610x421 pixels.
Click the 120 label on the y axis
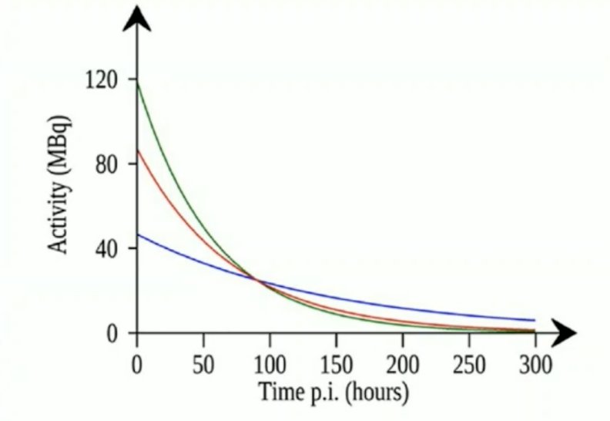[101, 81]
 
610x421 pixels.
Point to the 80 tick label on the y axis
[106, 165]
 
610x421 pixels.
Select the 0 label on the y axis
[112, 334]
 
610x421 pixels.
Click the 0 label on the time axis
[136, 365]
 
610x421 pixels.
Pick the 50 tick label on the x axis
[203, 365]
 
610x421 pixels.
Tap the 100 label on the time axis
[270, 365]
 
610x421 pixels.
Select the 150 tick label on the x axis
[337, 365]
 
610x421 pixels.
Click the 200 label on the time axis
[403, 365]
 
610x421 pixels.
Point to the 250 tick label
[469, 365]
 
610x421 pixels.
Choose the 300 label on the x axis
[536, 365]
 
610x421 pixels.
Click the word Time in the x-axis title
[278, 392]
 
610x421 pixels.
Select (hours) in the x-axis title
[377, 392]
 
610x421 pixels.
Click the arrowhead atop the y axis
[136, 19]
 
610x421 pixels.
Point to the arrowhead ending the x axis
[563, 332]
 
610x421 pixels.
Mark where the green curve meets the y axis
[137, 81]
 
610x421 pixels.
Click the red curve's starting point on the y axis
[137, 150]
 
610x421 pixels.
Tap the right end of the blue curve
[535, 320]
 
